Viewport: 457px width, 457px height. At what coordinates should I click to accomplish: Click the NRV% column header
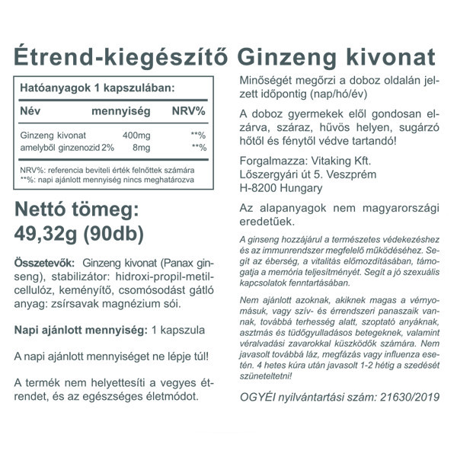(188, 111)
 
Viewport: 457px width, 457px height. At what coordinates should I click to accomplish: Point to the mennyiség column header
(120, 111)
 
